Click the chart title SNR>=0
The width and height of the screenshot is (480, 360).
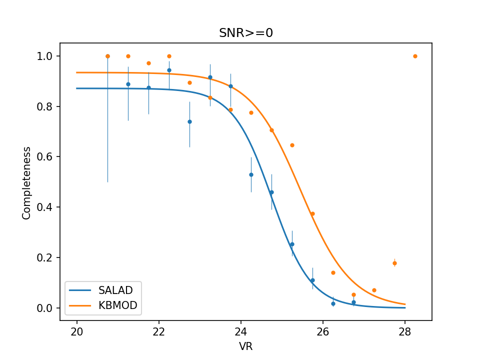click(x=245, y=33)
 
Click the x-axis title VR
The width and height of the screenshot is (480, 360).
click(x=245, y=346)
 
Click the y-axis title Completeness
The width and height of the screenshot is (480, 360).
click(x=26, y=182)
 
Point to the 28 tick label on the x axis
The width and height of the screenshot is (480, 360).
click(x=405, y=331)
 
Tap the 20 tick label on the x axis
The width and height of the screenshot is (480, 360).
click(x=77, y=331)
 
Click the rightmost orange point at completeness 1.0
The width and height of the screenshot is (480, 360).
click(x=415, y=56)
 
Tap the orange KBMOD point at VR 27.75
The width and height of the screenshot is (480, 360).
click(x=394, y=263)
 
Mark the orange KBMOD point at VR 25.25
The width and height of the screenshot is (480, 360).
click(x=292, y=145)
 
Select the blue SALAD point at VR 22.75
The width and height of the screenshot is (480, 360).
click(x=189, y=121)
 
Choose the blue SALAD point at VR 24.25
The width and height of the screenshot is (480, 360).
click(x=251, y=174)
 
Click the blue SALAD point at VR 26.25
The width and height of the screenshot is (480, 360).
click(x=333, y=303)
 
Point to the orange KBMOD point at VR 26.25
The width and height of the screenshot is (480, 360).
click(x=333, y=272)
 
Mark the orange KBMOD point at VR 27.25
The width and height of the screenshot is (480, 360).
click(x=374, y=290)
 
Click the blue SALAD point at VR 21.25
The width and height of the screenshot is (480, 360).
click(x=128, y=84)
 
